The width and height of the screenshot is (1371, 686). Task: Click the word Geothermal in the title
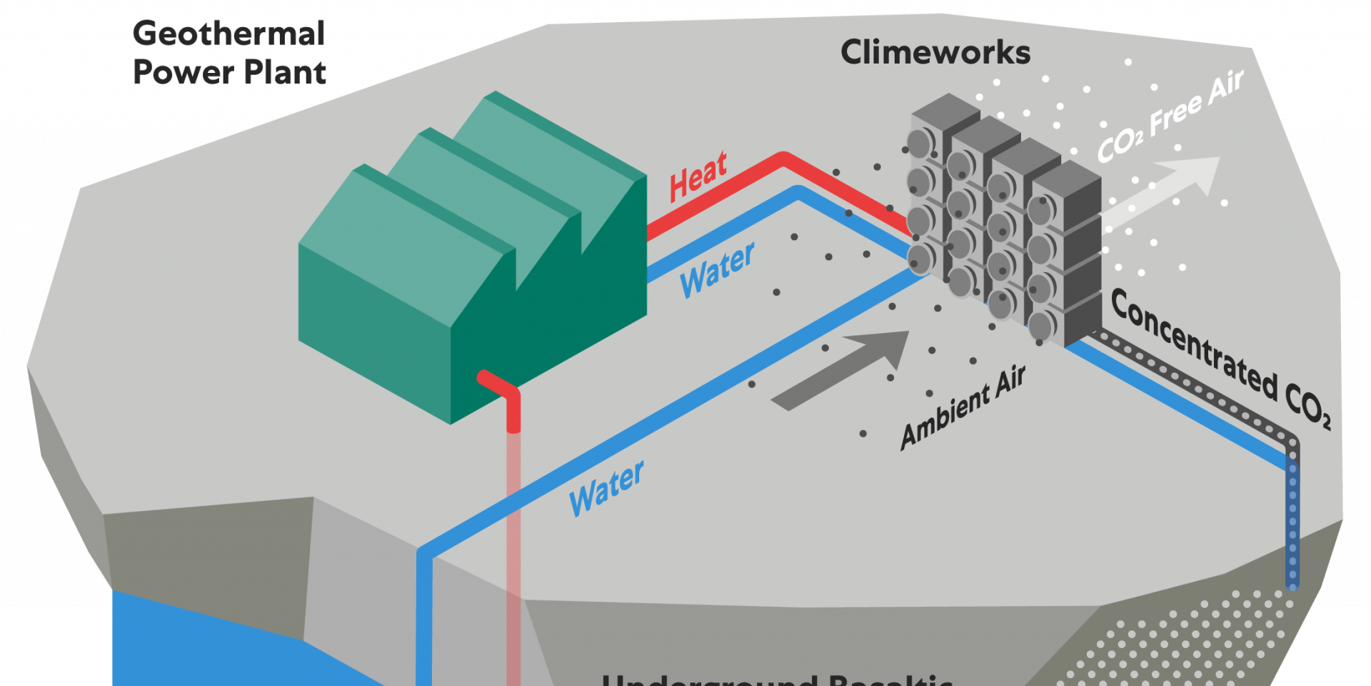[x=228, y=34]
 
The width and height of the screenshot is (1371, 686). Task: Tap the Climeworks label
[x=935, y=52]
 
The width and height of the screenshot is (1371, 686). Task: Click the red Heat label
[x=698, y=176]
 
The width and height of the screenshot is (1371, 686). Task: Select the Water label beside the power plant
[x=717, y=270]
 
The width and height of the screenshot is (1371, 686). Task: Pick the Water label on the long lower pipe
[x=606, y=489]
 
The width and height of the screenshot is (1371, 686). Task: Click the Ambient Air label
[x=963, y=408]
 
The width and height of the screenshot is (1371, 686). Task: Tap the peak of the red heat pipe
[x=783, y=157]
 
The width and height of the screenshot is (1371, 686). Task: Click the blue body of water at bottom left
[x=214, y=643]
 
